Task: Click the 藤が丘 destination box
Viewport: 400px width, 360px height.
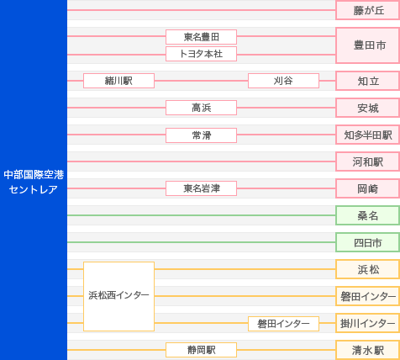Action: coord(367,10)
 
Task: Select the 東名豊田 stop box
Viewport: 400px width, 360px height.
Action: coord(201,37)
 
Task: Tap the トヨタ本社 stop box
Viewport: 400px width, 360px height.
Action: coord(201,54)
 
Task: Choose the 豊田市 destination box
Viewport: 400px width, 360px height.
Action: coord(367,45)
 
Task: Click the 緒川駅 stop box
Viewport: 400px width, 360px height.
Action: coord(118,81)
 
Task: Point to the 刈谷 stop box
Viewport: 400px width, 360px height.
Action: coord(283,81)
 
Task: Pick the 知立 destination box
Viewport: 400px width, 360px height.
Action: coord(367,81)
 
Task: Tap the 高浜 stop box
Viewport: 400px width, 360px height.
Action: coord(201,108)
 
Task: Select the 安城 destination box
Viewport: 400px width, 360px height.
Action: coord(367,108)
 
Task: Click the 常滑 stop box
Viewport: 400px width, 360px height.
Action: coord(201,135)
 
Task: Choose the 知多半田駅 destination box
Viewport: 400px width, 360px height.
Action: coord(367,135)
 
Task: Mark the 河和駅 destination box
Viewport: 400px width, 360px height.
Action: coord(367,161)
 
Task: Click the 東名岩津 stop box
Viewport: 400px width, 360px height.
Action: coord(201,188)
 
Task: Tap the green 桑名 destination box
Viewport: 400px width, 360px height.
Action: coord(367,215)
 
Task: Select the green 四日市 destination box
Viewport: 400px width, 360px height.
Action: coord(367,242)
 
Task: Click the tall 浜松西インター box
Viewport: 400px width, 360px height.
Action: coord(118,296)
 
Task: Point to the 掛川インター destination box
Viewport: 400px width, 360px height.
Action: coord(367,323)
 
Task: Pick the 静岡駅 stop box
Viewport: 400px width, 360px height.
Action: coord(201,350)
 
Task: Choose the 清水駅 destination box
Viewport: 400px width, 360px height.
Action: coord(367,350)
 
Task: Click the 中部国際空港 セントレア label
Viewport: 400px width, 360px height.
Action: coord(34,182)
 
